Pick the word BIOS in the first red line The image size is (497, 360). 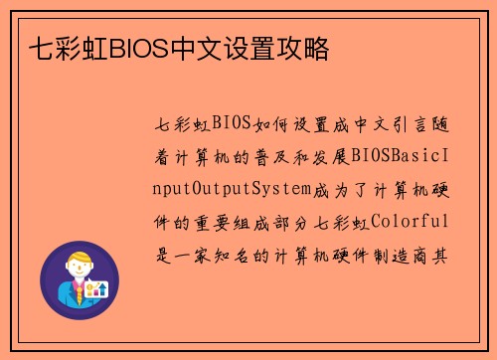[x=230, y=125]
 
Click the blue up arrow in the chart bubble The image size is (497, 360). [x=102, y=288]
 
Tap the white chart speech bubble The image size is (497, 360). [x=98, y=289]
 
